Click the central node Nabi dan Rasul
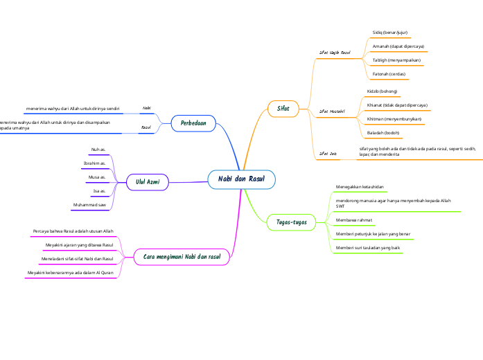point(241,179)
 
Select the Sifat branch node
point(283,109)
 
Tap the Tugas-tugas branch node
point(291,222)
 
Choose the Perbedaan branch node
point(193,123)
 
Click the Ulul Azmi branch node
point(148,182)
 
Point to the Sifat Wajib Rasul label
point(335,52)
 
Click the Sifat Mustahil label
point(332,111)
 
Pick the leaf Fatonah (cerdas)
point(389,73)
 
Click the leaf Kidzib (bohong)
point(382,91)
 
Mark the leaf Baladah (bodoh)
point(383,132)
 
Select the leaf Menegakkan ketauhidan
point(360,187)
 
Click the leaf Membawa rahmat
point(354,220)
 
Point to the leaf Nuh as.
point(98,149)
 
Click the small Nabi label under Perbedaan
point(146,109)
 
